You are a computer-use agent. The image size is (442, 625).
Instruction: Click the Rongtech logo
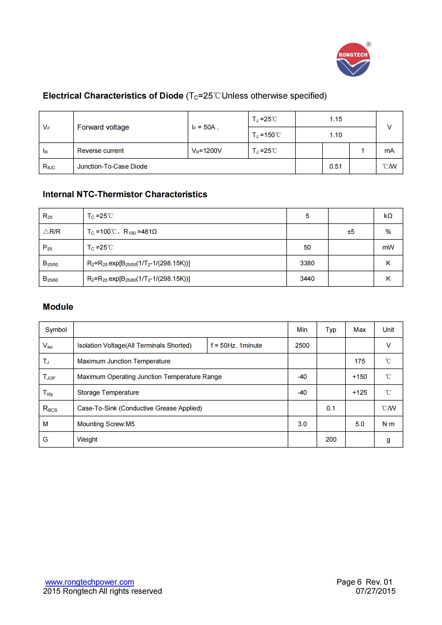tap(353, 60)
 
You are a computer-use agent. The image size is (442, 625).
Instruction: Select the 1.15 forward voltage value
tap(336, 119)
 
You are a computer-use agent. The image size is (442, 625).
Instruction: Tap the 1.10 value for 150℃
tap(336, 135)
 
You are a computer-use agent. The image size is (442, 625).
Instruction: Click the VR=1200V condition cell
tap(207, 151)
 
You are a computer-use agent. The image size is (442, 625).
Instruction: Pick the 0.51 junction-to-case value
tap(336, 166)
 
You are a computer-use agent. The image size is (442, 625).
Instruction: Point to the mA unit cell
tap(389, 151)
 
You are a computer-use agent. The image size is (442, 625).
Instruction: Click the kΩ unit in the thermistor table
tap(388, 216)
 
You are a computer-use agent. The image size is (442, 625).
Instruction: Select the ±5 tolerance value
tap(351, 232)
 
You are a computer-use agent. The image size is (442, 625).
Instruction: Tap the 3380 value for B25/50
tap(307, 263)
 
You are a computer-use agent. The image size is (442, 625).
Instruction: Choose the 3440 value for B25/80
tap(307, 279)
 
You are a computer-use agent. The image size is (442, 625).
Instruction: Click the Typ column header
tap(331, 330)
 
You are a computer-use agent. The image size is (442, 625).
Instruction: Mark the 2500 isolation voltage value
tap(302, 346)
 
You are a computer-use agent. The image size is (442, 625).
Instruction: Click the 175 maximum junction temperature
tap(360, 361)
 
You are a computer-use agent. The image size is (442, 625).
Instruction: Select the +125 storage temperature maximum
tap(360, 393)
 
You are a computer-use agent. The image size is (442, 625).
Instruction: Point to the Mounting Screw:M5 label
tap(106, 424)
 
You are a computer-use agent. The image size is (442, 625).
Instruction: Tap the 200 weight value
tap(331, 440)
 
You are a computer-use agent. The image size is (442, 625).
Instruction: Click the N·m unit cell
tap(388, 424)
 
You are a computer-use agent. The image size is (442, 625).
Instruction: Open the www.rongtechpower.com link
tap(90, 582)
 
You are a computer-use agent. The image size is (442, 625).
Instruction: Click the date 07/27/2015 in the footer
tap(375, 591)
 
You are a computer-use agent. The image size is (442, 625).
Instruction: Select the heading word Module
tap(58, 307)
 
